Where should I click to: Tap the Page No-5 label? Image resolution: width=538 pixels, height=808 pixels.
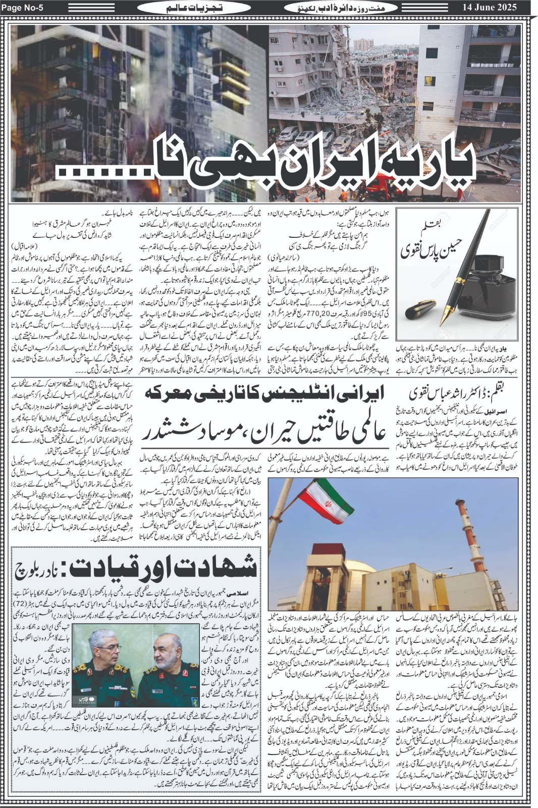[26, 8]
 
